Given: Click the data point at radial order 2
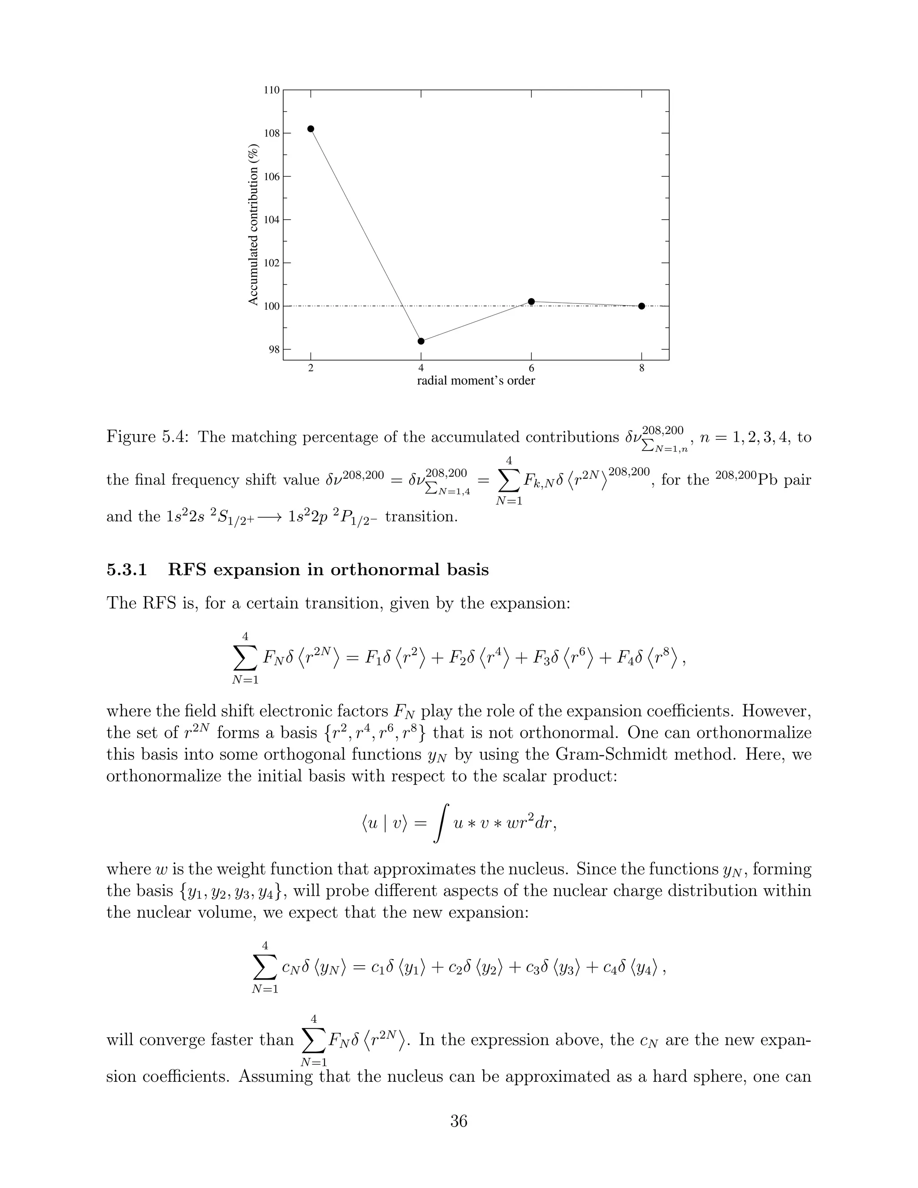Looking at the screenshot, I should pyautogui.click(x=311, y=129).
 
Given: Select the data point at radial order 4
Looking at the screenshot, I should pyautogui.click(x=421, y=341).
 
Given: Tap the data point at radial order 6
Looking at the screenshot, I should pyautogui.click(x=531, y=301).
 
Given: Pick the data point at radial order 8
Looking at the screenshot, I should pyautogui.click(x=642, y=306).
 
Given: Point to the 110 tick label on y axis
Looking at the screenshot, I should pyautogui.click(x=272, y=90).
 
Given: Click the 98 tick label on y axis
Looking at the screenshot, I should pyautogui.click(x=274, y=349).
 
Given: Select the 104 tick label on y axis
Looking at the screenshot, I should pyautogui.click(x=272, y=220).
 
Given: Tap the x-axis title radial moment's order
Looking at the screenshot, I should pyautogui.click(x=476, y=381).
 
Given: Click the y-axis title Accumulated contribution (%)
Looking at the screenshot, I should pyautogui.click(x=253, y=225).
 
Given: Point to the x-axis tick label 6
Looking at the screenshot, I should pyautogui.click(x=531, y=368).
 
